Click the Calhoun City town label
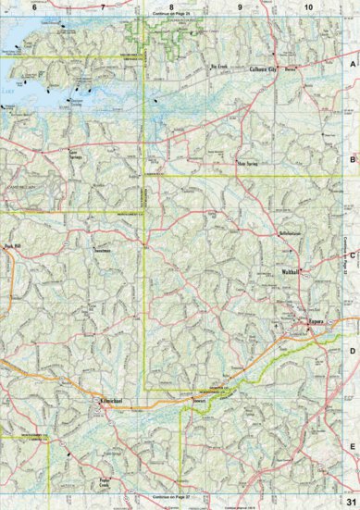click(267, 69)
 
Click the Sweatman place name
click(104, 249)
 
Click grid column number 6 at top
click(34, 7)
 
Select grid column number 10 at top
click(307, 7)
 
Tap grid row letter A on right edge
click(353, 65)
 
